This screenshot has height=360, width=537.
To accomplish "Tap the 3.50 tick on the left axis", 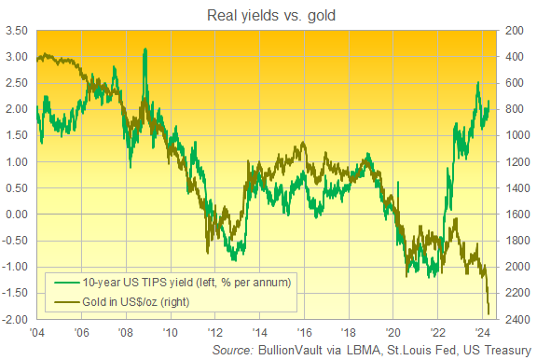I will [15, 31].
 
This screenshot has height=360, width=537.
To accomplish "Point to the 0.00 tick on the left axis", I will [15, 215].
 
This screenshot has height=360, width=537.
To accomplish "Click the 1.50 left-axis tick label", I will [15, 135].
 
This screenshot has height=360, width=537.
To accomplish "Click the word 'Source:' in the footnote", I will [231, 351].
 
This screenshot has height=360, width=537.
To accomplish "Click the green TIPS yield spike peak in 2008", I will [145, 49].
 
